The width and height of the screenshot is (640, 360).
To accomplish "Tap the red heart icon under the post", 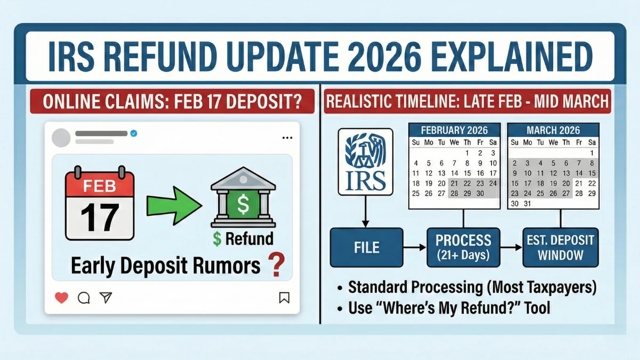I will (x=61, y=298).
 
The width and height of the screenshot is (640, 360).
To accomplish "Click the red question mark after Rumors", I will (x=276, y=265).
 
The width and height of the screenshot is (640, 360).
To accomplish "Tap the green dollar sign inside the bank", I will (x=243, y=204).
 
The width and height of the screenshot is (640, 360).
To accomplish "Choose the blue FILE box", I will (x=366, y=247).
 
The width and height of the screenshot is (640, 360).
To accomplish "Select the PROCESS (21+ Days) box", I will (x=463, y=247).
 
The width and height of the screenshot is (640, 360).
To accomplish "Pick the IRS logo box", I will (x=366, y=161).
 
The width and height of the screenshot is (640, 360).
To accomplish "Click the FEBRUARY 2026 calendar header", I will (x=453, y=130).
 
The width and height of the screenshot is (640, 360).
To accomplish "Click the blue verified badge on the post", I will (x=133, y=133).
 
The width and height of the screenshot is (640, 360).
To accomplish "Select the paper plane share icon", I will (x=106, y=298).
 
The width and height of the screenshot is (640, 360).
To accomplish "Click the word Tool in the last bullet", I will (x=536, y=308).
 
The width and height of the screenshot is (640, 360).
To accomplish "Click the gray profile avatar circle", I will (x=61, y=138).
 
